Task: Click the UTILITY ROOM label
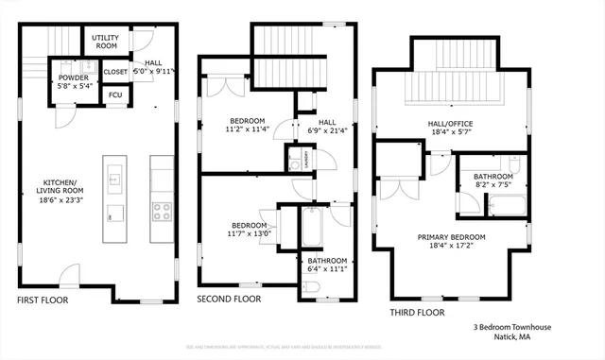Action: point(105,41)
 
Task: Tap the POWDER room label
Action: point(73,77)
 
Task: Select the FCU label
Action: point(115,94)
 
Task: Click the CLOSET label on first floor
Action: point(115,71)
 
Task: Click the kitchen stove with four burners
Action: point(162,210)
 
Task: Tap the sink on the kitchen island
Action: point(114,177)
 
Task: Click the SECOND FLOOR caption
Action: point(229,299)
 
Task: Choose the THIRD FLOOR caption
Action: point(418,311)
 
